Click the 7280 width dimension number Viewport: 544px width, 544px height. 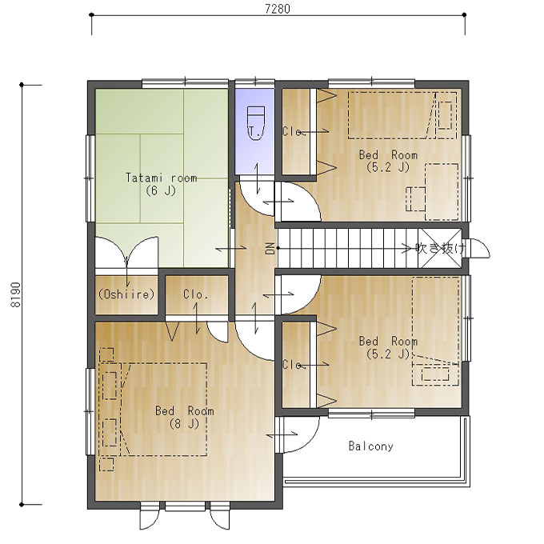click(x=278, y=9)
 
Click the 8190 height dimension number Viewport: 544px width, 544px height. click(x=16, y=294)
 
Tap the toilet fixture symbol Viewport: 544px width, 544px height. click(x=256, y=123)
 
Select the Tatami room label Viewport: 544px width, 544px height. click(x=162, y=178)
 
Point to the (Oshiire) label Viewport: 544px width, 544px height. click(x=126, y=294)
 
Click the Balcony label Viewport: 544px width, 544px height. click(x=371, y=446)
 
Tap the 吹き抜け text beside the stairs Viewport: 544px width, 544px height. click(x=440, y=248)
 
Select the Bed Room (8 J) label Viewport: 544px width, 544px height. click(x=184, y=417)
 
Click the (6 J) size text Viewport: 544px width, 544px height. click(x=161, y=190)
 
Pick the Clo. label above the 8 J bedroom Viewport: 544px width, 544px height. click(x=196, y=294)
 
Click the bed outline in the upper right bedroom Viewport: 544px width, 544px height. click(x=402, y=115)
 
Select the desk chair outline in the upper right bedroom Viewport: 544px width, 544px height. click(x=415, y=198)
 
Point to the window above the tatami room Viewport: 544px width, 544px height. click(x=186, y=83)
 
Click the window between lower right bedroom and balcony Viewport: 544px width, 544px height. click(x=371, y=413)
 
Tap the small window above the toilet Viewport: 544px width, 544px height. click(x=255, y=83)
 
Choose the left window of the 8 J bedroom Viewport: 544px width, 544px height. click(x=90, y=411)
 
